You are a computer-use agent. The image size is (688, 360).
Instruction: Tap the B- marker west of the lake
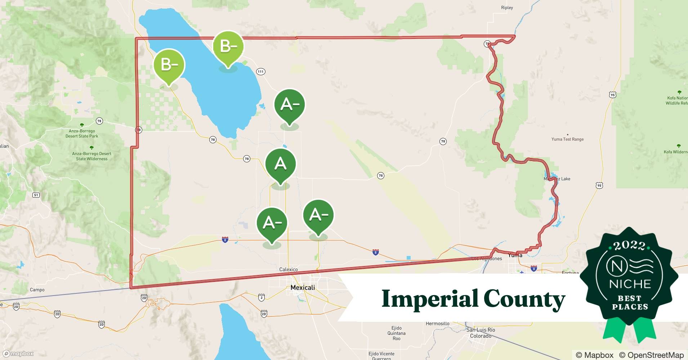click(x=169, y=65)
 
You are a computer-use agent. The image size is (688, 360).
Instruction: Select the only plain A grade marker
click(x=280, y=164)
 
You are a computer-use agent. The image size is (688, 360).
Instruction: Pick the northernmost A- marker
click(x=289, y=104)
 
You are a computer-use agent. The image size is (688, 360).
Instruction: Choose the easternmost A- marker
click(x=318, y=215)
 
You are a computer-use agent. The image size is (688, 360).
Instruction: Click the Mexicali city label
click(x=303, y=288)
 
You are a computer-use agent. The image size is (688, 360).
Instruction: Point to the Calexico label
click(x=289, y=269)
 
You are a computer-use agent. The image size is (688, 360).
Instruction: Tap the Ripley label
click(x=507, y=8)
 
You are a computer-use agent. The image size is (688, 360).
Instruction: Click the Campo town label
click(x=37, y=290)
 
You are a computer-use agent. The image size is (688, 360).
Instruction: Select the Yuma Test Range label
click(x=567, y=139)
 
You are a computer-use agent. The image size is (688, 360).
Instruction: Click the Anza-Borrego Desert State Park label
click(x=82, y=134)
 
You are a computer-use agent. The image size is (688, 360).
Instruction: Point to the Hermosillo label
click(x=437, y=324)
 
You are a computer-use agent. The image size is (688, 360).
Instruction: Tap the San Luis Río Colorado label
click(x=481, y=333)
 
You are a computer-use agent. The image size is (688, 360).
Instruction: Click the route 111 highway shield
click(x=260, y=72)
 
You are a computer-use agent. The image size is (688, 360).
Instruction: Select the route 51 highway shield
click(x=36, y=195)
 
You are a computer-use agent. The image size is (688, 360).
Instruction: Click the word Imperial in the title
click(x=429, y=299)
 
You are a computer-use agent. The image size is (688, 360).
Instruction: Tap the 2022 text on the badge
click(x=629, y=246)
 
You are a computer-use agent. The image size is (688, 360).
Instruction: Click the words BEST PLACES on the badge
click(x=630, y=303)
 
